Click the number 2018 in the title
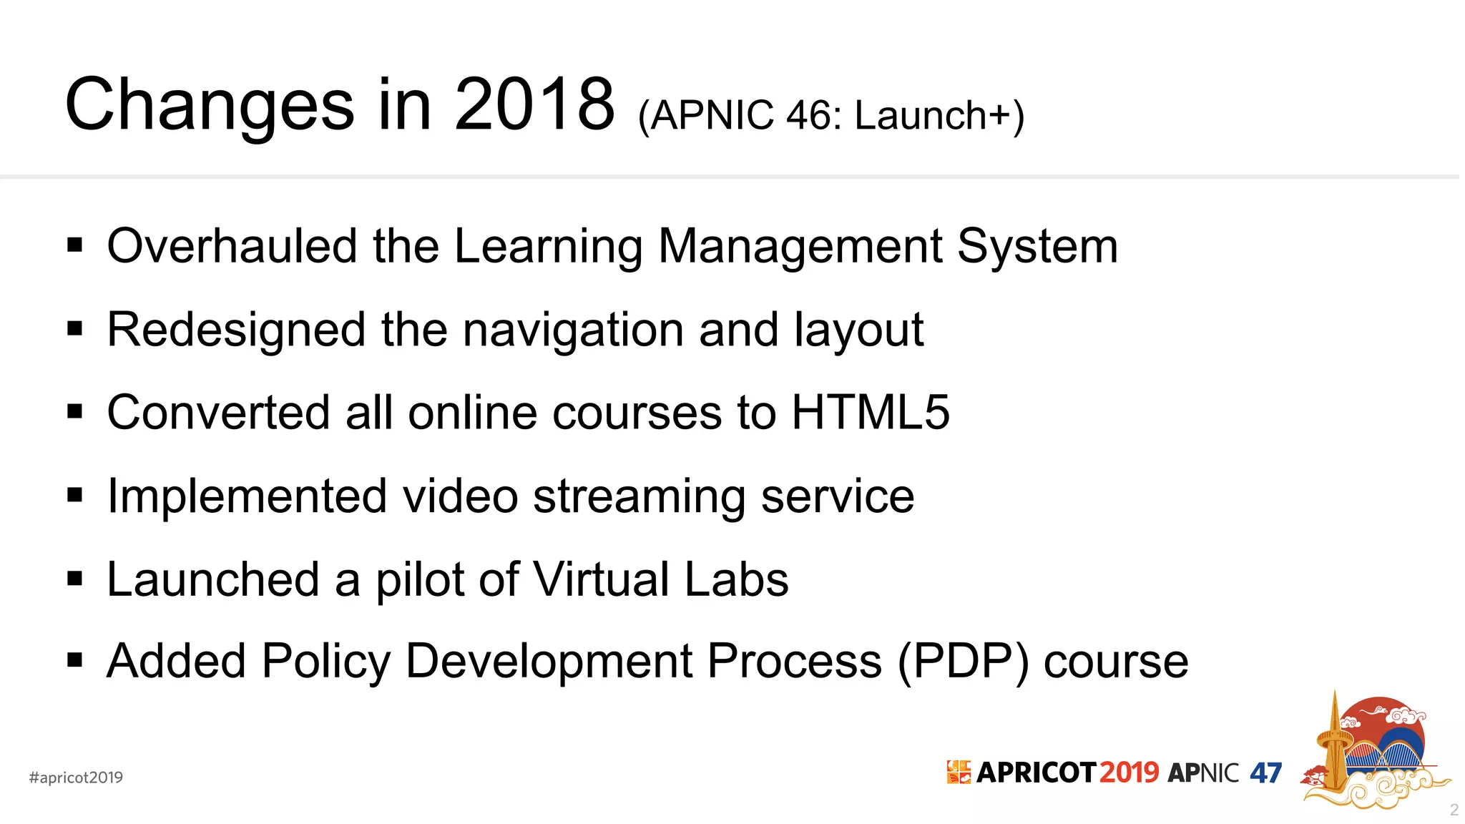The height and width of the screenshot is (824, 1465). (x=534, y=105)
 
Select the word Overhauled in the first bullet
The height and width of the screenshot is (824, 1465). (x=231, y=246)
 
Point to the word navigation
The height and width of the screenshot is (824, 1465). (x=574, y=330)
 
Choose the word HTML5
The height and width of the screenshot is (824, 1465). (x=870, y=413)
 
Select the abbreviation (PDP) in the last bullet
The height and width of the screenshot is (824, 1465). (x=963, y=662)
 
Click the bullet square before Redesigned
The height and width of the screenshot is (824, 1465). (x=74, y=329)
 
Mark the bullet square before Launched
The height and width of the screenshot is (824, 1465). (x=74, y=578)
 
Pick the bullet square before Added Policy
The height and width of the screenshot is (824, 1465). (x=74, y=660)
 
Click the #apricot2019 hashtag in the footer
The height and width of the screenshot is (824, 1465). (x=76, y=778)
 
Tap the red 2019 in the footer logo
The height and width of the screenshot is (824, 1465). (x=1128, y=772)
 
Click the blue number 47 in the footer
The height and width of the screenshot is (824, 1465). (x=1265, y=773)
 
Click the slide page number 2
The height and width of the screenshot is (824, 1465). (x=1454, y=810)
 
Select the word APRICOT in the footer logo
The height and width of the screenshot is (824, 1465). (x=1036, y=772)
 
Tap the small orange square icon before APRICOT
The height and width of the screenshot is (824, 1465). (x=959, y=772)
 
